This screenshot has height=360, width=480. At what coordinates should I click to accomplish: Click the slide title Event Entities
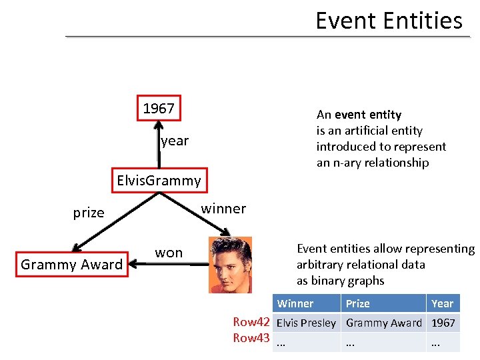(389, 21)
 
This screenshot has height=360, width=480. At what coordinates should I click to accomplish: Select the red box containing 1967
(159, 109)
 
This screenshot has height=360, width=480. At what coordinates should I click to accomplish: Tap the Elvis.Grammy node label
(159, 181)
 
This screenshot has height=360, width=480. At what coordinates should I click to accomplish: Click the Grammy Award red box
(71, 265)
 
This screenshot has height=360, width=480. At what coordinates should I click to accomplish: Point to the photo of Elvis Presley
(231, 265)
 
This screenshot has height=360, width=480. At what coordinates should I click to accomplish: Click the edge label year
(175, 141)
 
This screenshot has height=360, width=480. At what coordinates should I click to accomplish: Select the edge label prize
(89, 213)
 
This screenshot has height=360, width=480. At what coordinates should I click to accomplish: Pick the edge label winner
(223, 209)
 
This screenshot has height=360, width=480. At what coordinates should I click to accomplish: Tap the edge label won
(169, 253)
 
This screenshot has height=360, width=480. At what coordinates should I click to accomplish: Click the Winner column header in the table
(295, 303)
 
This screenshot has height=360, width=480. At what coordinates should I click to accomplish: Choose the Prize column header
(357, 303)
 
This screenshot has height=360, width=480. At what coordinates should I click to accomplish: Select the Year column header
(442, 303)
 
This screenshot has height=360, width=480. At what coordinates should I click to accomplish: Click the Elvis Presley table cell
(306, 323)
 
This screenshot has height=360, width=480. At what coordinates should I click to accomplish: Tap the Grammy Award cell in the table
(383, 323)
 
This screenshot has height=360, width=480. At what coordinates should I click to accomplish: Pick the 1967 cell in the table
(443, 323)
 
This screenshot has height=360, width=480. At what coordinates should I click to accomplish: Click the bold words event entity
(368, 115)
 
